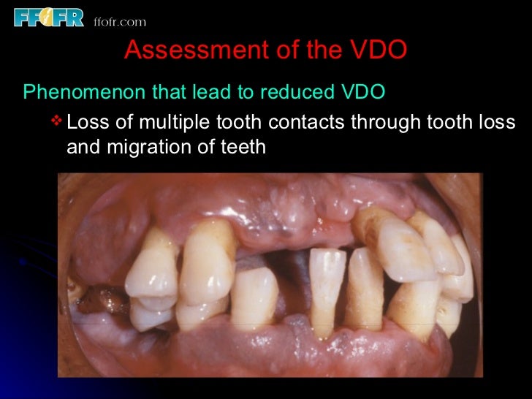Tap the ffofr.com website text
click(120, 21)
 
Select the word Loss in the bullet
click(88, 121)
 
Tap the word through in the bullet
click(386, 121)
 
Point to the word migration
click(163, 146)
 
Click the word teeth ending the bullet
click(243, 146)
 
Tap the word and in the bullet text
click(85, 146)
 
